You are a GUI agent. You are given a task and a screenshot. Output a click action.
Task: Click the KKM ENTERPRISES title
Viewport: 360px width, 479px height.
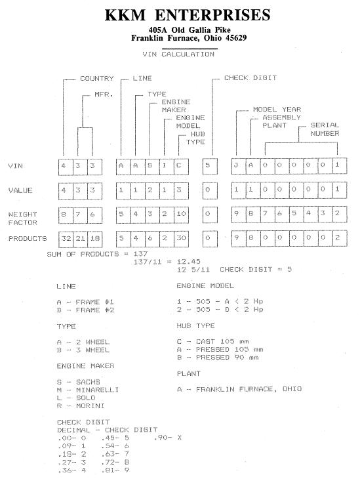coord(188,15)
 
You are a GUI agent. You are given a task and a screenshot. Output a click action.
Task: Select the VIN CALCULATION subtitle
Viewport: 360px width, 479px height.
coord(178,54)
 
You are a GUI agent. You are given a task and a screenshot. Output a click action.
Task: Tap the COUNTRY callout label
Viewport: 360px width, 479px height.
coord(96,79)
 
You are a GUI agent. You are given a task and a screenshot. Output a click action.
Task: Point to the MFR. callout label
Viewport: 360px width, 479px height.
coord(104,94)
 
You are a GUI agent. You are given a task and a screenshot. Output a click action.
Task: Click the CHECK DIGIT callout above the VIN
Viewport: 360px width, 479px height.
coord(250,78)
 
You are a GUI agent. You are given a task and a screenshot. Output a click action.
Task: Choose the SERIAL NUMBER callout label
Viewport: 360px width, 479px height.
coord(325,129)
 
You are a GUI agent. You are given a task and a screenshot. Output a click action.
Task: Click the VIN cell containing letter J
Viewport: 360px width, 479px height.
coord(239,166)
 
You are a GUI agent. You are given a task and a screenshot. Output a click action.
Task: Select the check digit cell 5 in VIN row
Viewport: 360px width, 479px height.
coord(210,166)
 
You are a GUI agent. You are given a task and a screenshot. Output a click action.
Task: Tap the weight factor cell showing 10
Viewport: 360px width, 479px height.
coord(181,215)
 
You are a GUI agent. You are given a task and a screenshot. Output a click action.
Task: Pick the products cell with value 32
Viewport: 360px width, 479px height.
coord(66,239)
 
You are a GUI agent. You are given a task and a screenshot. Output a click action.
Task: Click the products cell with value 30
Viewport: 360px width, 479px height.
coord(181,239)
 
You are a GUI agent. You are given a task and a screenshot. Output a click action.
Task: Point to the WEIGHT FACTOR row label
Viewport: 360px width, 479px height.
coord(22,218)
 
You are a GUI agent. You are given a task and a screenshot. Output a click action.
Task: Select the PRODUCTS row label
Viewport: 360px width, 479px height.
coord(28,239)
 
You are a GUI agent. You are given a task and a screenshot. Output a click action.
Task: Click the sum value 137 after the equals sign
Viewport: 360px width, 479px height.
coord(140,254)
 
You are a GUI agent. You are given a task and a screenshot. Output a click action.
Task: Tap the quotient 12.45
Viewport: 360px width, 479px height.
coord(189,262)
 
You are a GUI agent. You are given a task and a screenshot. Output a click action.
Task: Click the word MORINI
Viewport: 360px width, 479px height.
coord(90,406)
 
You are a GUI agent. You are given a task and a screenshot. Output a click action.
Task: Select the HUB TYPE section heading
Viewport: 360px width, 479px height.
coord(195,325)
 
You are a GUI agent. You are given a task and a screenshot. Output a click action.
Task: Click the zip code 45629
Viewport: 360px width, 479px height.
coord(236,38)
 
